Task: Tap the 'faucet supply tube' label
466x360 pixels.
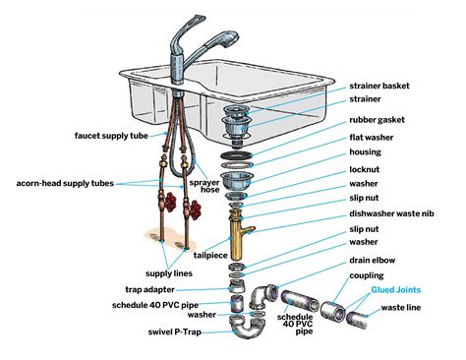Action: [110, 135]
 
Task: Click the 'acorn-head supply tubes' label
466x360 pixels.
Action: [65, 184]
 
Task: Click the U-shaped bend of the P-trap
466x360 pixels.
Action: [239, 324]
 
